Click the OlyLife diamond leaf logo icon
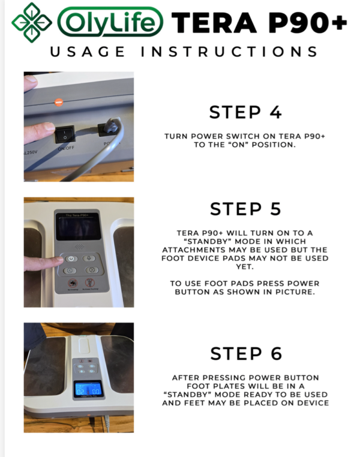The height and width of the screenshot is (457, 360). pyautogui.click(x=32, y=22)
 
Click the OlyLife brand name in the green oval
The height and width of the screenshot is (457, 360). pyautogui.click(x=111, y=23)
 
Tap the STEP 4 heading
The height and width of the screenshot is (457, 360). pyautogui.click(x=245, y=112)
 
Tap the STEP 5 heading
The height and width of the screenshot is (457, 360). pyautogui.click(x=245, y=209)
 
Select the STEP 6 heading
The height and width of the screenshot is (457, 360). pyautogui.click(x=245, y=353)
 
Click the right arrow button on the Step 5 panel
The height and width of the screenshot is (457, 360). pyautogui.click(x=91, y=270)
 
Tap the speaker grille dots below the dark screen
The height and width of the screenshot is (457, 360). pyautogui.click(x=79, y=246)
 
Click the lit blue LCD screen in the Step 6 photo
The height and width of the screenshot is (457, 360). pyautogui.click(x=88, y=389)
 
